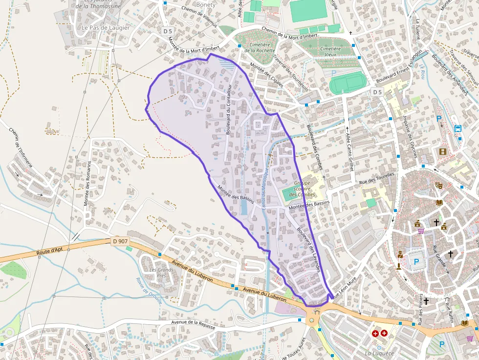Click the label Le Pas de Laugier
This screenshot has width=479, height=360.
click(x=106, y=28)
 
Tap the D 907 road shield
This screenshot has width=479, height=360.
click(x=120, y=241)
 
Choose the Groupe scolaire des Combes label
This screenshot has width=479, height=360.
click(x=302, y=189)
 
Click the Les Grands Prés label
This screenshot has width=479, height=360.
click(x=159, y=273)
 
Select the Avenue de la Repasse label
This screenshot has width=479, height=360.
click(x=193, y=324)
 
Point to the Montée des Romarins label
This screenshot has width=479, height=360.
click(x=88, y=183)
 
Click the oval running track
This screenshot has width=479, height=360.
click(x=348, y=83)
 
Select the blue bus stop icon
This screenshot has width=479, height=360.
click(x=458, y=128)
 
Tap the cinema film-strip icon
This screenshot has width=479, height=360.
click(x=443, y=152)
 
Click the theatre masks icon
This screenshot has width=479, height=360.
click(x=439, y=186)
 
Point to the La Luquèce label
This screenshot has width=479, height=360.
click(x=379, y=353)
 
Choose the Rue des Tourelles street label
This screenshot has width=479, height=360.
click(x=376, y=179)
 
